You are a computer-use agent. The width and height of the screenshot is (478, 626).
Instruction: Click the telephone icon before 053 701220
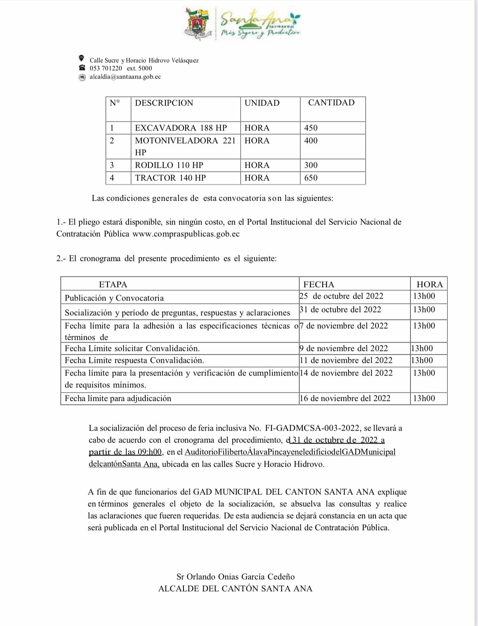82,68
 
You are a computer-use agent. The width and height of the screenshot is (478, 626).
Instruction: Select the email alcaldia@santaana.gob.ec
125,77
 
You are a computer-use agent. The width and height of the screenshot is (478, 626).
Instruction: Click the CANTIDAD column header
331,103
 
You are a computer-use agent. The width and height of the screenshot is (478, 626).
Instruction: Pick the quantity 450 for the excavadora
311,128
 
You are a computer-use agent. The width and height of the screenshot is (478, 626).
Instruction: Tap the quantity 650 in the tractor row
311,178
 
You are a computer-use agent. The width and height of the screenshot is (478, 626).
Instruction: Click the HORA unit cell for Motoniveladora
257,141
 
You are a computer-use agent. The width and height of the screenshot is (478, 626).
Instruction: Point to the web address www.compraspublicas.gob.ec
186,234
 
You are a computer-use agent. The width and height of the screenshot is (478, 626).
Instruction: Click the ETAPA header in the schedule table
113,285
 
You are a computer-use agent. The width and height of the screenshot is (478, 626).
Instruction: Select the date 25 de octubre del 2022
341,297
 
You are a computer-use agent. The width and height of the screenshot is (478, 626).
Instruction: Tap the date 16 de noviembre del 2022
345,398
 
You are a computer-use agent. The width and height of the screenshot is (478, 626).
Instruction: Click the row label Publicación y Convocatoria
114,298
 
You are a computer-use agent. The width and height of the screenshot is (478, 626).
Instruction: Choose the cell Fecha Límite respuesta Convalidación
134,360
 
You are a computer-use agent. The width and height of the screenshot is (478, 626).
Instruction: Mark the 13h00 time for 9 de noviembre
422,348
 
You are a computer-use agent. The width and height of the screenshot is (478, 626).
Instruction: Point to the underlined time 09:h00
149,452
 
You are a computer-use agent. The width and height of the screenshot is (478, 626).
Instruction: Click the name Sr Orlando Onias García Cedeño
235,577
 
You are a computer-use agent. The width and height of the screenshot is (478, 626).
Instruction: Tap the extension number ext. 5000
139,68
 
